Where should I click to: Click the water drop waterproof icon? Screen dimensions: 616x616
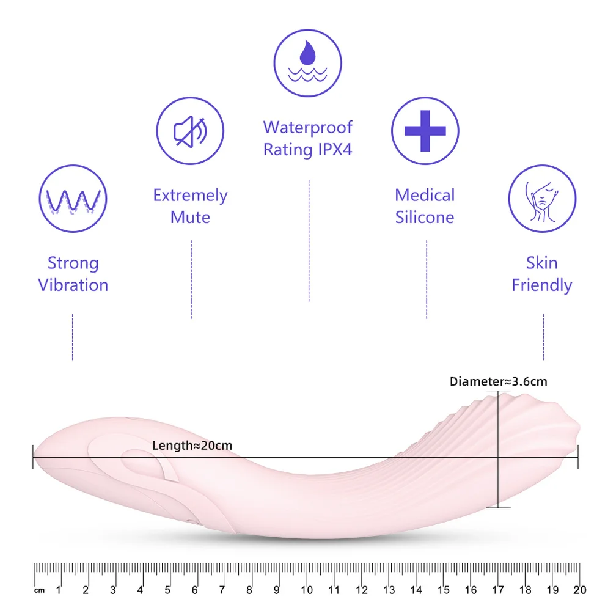[x=307, y=63]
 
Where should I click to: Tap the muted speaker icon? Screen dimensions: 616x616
[x=190, y=131]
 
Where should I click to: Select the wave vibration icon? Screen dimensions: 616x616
[x=73, y=199]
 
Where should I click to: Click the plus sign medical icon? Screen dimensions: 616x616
[x=425, y=131]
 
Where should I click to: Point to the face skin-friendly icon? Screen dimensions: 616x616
[x=542, y=199]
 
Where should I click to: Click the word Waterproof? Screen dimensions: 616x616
[x=307, y=127]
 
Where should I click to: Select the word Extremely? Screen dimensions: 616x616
[x=190, y=196]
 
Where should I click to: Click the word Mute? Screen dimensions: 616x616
[x=190, y=218]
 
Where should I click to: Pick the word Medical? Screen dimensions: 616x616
[x=425, y=196]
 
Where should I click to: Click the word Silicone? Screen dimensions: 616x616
[x=425, y=218]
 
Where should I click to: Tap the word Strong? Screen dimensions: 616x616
[x=73, y=263]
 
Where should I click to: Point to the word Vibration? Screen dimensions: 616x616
[x=73, y=285]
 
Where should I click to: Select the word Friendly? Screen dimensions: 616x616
[x=542, y=285]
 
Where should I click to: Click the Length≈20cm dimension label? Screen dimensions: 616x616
[x=192, y=446]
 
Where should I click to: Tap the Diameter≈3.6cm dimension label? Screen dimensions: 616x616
[x=498, y=381]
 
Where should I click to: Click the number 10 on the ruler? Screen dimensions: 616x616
[x=307, y=590]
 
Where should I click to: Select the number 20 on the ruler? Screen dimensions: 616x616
[x=580, y=590]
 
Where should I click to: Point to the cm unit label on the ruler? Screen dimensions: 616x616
[x=40, y=590]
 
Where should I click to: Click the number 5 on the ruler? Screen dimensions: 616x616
[x=167, y=590]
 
